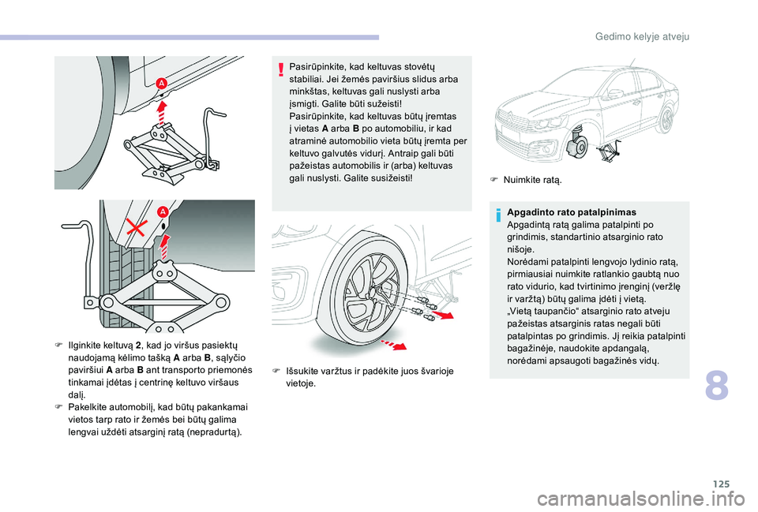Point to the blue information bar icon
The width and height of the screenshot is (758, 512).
tap(498, 214)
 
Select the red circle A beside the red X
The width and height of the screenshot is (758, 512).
tap(162, 211)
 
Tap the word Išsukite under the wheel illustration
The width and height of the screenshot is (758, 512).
tap(304, 371)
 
